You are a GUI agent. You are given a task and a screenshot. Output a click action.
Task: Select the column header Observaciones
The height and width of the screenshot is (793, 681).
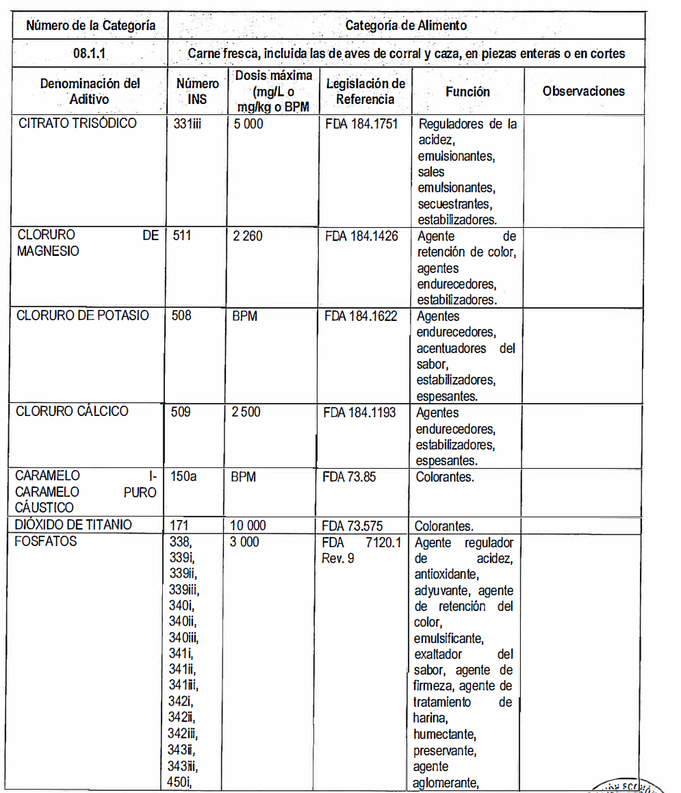pos(583,91)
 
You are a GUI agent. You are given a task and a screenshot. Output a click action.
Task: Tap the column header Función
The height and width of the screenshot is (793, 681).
pos(467,91)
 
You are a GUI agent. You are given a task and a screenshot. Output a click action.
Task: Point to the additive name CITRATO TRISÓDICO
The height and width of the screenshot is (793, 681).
pos(77,124)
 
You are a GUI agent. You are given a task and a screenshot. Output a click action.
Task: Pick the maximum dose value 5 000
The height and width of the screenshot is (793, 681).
pos(246,125)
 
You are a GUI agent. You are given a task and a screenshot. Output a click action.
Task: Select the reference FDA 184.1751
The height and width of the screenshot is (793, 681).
pos(361,125)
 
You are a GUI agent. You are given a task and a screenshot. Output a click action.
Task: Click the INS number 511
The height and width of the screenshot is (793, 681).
pos(182,236)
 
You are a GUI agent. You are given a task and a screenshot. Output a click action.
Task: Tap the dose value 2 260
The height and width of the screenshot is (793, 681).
pos(247,236)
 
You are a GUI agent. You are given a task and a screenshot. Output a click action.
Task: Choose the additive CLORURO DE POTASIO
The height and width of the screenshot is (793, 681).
pos(82,316)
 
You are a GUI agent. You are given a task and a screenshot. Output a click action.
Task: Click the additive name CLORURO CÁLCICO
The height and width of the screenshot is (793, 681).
pos(72,412)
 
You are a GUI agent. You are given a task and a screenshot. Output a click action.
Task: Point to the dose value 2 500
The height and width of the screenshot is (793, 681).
pos(246,413)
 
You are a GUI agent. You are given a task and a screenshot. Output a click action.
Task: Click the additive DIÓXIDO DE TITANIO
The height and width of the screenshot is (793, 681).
pos(75,525)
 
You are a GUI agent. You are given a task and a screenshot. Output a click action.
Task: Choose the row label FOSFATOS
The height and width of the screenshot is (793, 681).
pos(47,542)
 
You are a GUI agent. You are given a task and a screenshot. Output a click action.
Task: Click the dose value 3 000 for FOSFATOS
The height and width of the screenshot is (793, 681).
pos(246,542)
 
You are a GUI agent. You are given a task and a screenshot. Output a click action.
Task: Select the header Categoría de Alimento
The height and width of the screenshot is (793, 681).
pos(406,26)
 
